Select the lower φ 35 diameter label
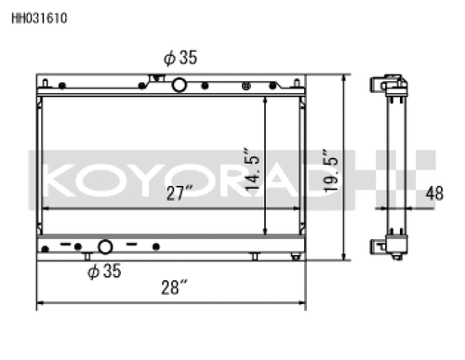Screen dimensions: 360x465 click(105, 272)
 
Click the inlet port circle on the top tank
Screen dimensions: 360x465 click(178, 85)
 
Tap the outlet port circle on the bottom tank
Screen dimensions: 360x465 click(105, 247)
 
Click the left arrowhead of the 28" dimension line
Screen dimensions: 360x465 click(40, 304)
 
